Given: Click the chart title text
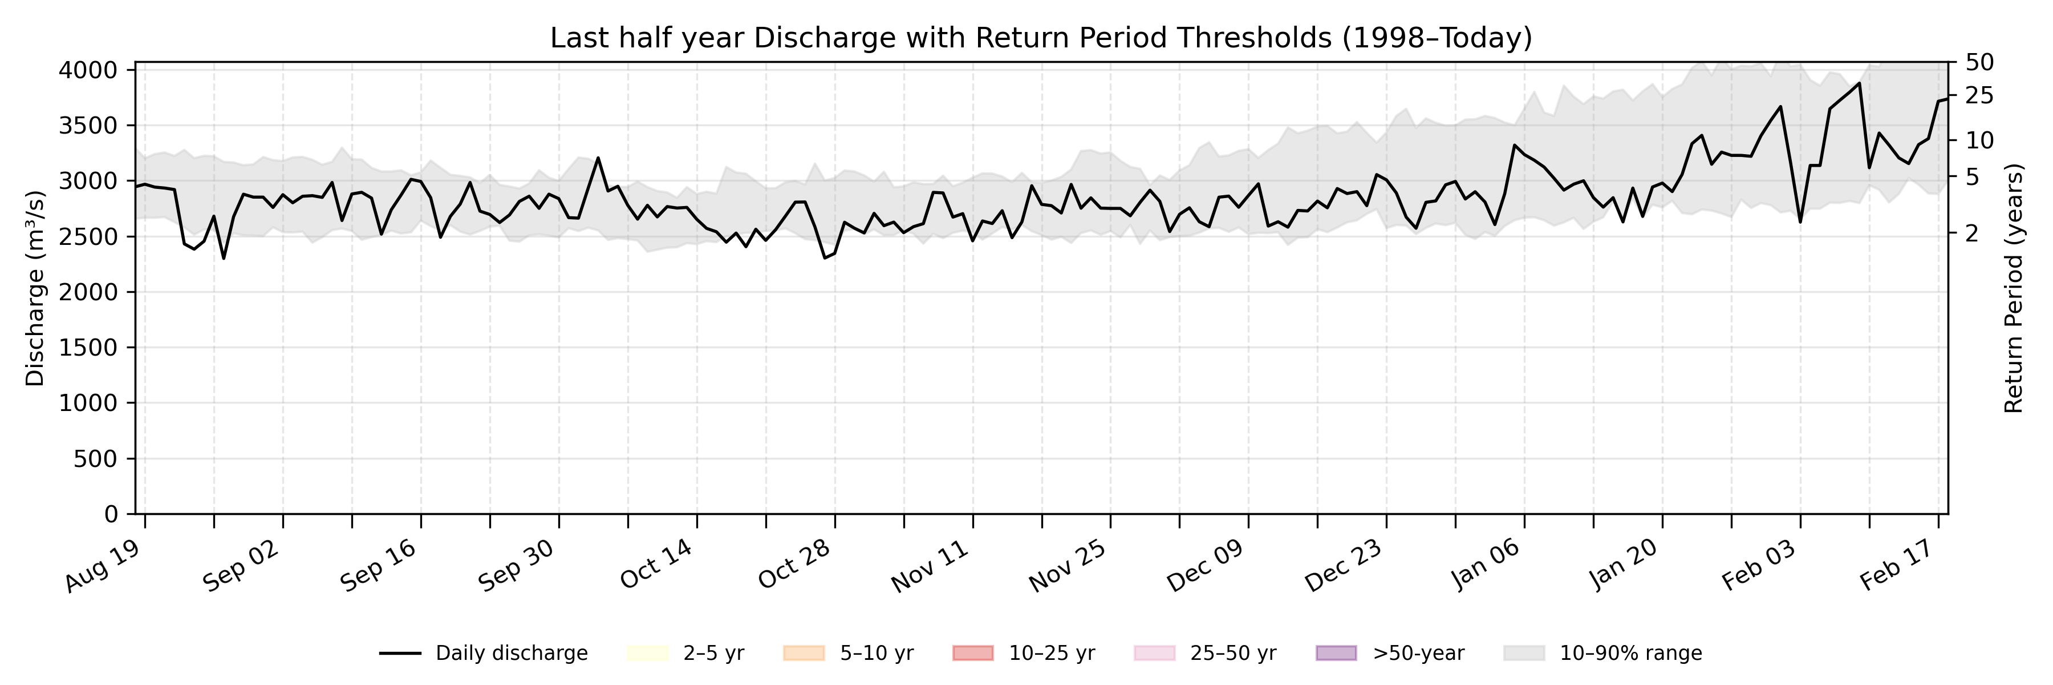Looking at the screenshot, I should point(1041,38).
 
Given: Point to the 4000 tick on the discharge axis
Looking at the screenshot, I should point(88,70).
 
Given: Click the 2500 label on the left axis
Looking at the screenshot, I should point(88,237).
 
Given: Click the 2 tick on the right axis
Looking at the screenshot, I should point(1973,233).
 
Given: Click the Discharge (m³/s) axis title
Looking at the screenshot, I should point(35,288).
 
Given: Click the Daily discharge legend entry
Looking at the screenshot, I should point(483,653).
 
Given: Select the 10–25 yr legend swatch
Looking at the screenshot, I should point(972,653).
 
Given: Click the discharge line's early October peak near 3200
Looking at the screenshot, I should point(598,158).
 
